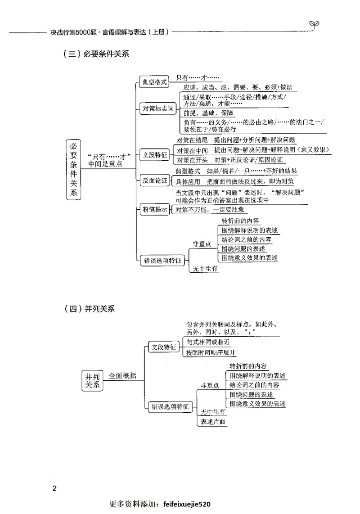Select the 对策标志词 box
157,109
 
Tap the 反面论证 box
155,181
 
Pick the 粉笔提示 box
155,209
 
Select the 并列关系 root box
91,380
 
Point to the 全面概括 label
122,376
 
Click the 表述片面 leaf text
213,422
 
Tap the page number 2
54,488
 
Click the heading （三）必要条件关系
96,54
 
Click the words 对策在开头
192,160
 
